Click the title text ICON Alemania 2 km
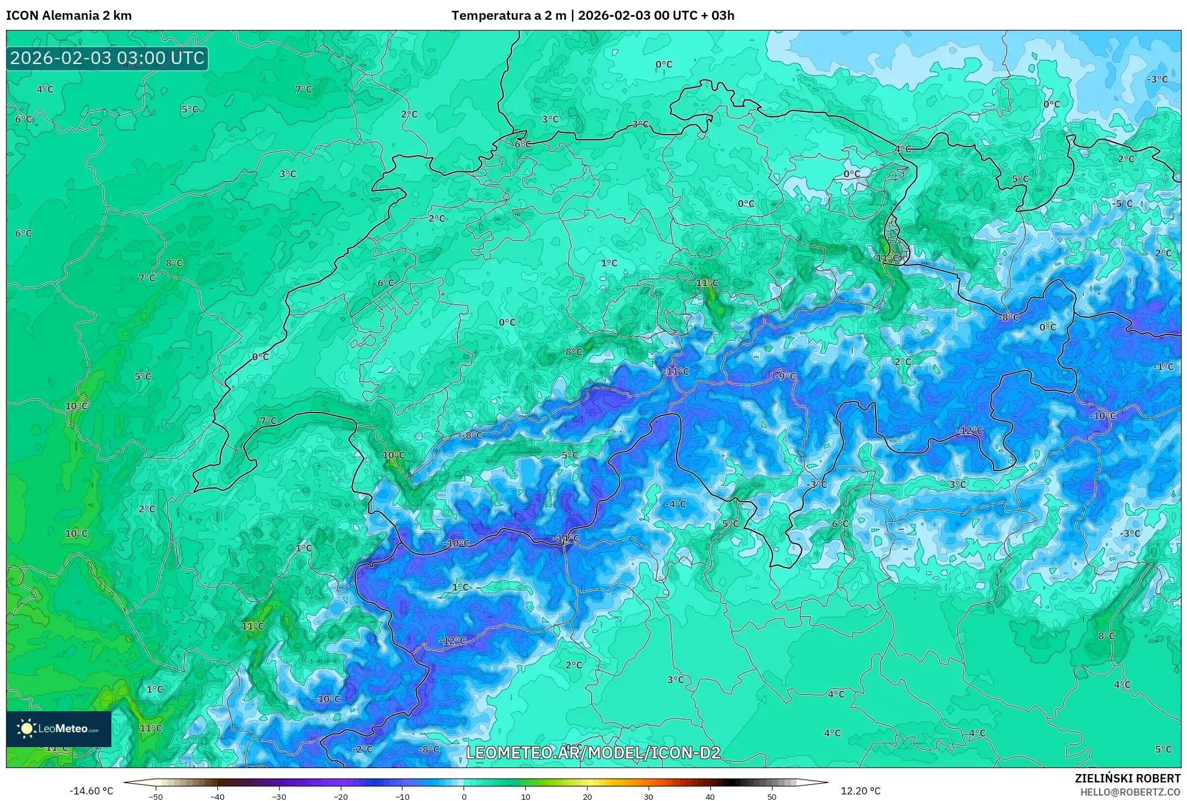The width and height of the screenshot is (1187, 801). click(x=69, y=16)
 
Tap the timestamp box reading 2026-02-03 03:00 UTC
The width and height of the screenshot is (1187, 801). click(x=107, y=58)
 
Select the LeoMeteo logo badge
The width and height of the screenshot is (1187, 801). click(x=59, y=729)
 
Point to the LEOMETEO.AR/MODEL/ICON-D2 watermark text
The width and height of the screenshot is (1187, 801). click(x=593, y=753)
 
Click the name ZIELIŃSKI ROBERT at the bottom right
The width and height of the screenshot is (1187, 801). click(x=1128, y=778)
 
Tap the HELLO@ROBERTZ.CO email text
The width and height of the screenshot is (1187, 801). click(x=1130, y=791)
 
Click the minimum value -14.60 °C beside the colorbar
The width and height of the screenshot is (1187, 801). click(x=91, y=791)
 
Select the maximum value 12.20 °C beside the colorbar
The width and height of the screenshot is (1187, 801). click(x=861, y=791)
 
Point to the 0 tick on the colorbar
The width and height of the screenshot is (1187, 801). click(x=464, y=796)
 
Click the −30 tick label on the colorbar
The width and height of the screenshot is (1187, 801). click(x=279, y=796)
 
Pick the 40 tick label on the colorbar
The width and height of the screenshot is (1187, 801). click(x=710, y=796)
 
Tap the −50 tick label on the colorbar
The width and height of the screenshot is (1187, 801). click(x=156, y=796)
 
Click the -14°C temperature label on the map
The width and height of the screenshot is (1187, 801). click(x=566, y=538)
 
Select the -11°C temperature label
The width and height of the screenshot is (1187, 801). click(x=676, y=371)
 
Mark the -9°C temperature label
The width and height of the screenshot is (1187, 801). click(x=785, y=376)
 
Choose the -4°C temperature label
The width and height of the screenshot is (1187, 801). click(x=675, y=504)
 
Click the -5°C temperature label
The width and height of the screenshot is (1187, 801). click(x=1122, y=204)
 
